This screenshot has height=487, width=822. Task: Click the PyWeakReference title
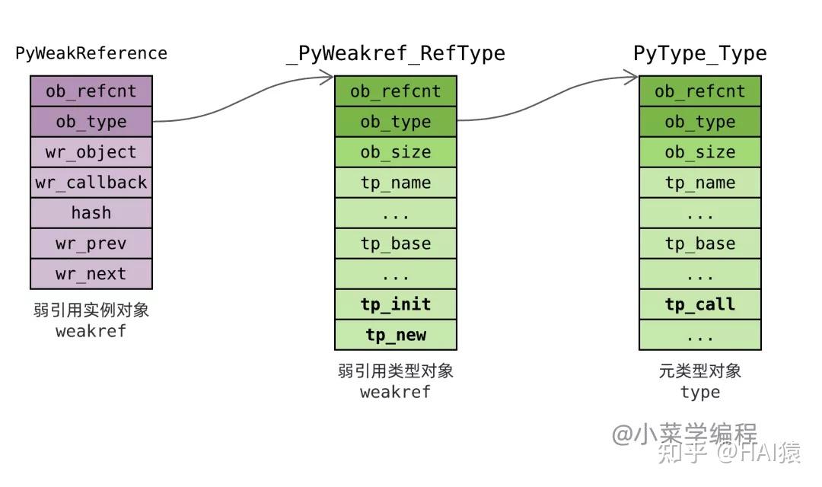click(91, 53)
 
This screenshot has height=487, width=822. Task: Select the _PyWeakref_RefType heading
click(396, 53)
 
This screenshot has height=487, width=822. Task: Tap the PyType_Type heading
click(700, 53)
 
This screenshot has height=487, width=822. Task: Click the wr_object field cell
click(91, 152)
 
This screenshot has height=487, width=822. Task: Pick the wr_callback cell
click(91, 183)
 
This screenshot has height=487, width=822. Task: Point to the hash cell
click(91, 213)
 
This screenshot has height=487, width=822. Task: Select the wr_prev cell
click(91, 243)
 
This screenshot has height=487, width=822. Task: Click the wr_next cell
click(91, 274)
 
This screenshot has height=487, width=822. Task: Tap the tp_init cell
click(396, 304)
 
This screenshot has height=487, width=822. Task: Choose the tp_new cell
click(396, 335)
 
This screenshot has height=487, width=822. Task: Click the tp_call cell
click(700, 304)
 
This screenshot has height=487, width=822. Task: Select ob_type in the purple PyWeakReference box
click(91, 122)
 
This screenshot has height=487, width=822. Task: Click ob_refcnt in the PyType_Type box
click(700, 91)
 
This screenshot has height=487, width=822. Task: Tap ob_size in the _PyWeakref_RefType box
click(396, 152)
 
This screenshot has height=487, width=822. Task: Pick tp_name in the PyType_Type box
click(700, 183)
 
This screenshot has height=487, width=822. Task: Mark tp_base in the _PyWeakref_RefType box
click(396, 243)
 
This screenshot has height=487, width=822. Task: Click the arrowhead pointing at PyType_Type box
click(632, 75)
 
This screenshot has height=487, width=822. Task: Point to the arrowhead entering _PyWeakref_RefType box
click(328, 75)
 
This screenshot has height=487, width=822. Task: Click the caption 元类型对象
click(700, 371)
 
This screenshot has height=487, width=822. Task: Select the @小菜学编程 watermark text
click(685, 434)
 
